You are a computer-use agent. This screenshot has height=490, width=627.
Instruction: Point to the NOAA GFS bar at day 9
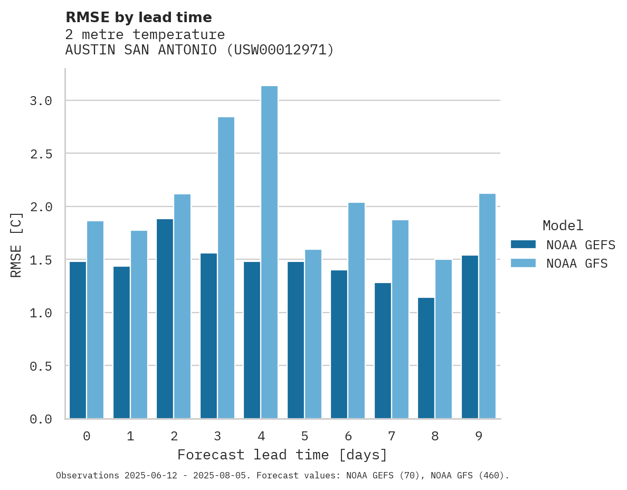[487, 306]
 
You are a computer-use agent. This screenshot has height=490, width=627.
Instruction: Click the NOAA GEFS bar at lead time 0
[78, 340]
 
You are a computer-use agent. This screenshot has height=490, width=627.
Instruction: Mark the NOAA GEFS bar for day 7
[383, 351]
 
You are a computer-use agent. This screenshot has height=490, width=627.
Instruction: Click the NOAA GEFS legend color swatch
[523, 244]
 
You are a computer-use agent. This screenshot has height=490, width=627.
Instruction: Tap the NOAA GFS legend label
[577, 263]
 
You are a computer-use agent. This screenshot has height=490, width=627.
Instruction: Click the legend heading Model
[563, 225]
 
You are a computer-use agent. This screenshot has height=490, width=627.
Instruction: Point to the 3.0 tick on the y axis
[41, 101]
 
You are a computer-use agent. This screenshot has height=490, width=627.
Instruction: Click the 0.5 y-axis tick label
[41, 366]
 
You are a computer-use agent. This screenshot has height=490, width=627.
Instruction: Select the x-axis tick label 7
[391, 436]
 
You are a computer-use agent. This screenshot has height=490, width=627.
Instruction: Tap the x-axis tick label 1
[130, 436]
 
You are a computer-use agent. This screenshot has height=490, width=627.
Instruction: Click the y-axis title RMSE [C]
[16, 244]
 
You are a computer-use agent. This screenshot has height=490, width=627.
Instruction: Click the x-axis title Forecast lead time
[282, 455]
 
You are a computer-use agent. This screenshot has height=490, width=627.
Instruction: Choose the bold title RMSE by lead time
[138, 17]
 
